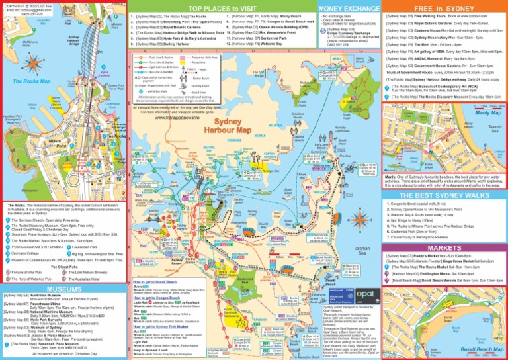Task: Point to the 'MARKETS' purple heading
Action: click(x=444, y=247)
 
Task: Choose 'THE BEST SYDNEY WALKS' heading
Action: click(x=444, y=196)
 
